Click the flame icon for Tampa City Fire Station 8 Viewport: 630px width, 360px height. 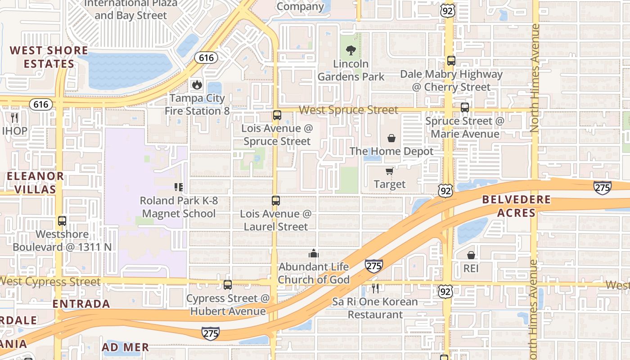tap(197, 85)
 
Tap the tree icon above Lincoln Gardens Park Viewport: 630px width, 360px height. tap(351, 50)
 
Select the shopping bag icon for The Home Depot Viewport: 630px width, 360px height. tap(391, 138)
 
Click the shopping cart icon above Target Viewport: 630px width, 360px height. tap(389, 171)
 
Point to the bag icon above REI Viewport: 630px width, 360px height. tap(471, 255)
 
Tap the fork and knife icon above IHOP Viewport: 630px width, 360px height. tap(14, 118)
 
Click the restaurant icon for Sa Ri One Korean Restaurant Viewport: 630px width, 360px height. tap(375, 288)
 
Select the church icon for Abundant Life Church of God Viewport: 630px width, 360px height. tap(314, 254)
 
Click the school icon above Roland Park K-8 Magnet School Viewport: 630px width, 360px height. tap(179, 187)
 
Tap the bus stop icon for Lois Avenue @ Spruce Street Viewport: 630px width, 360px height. tap(277, 115)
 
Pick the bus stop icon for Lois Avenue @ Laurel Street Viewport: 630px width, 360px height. tap(276, 201)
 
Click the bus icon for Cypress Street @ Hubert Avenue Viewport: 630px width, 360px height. tap(228, 285)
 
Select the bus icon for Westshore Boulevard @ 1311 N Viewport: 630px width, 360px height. tap(62, 221)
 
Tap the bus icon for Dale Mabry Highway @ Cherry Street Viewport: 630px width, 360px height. tap(451, 61)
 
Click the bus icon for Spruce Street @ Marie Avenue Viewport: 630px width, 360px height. tap(465, 108)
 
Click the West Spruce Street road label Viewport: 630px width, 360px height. tap(348, 110)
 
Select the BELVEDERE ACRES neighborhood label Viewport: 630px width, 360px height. tap(516, 206)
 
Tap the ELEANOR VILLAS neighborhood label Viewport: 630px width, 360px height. tap(35, 182)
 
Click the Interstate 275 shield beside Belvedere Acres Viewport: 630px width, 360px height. tap(602, 187)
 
